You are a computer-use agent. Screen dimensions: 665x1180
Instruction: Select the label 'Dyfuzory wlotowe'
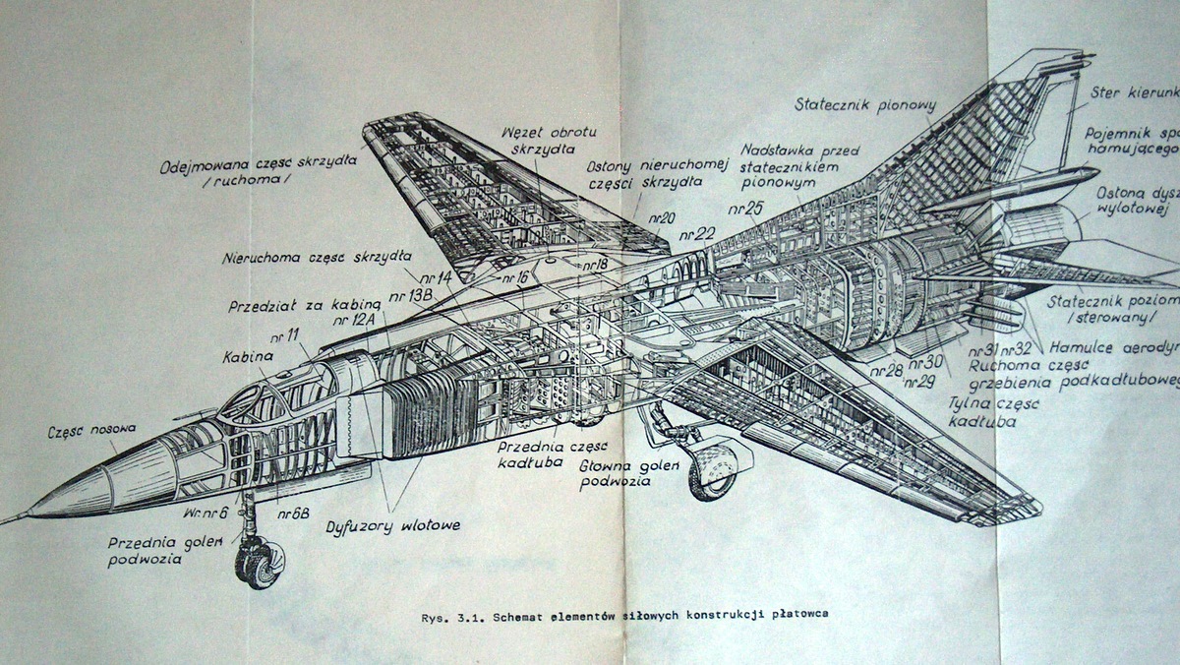(393, 526)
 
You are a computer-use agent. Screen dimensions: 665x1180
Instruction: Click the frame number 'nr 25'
(746, 209)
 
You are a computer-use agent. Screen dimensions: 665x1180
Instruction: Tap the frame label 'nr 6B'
(293, 513)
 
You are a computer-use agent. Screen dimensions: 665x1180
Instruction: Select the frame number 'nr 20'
(661, 217)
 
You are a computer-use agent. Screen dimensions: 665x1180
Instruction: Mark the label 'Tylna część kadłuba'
(983, 412)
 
